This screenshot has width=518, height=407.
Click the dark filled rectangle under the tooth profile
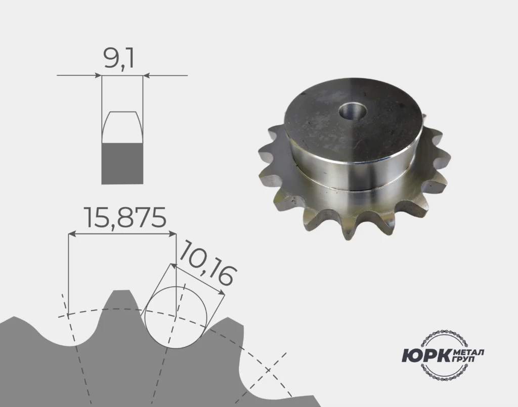(x=122, y=163)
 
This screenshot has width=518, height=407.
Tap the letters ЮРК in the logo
(x=426, y=355)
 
